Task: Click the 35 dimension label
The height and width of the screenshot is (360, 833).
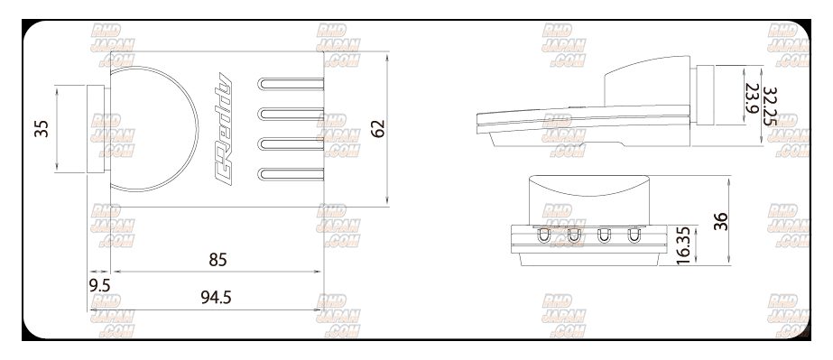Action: (42, 128)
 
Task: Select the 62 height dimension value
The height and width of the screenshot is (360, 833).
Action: (378, 128)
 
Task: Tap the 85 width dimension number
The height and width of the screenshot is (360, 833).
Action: (218, 260)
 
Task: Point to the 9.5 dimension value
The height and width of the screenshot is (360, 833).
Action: (99, 286)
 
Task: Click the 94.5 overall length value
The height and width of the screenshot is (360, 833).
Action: (217, 298)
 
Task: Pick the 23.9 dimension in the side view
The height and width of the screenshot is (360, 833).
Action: (751, 98)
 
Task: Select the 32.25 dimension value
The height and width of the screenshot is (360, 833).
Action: (769, 106)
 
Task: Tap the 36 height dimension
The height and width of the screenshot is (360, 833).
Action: (720, 221)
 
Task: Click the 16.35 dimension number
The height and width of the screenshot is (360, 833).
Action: (683, 245)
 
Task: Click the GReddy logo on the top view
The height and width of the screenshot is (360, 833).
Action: (223, 129)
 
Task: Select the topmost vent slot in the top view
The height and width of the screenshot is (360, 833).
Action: (291, 84)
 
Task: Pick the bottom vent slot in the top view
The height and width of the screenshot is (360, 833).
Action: (291, 173)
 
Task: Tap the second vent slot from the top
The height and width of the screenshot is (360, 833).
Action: (291, 114)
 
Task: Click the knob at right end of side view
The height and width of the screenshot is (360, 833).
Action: (705, 95)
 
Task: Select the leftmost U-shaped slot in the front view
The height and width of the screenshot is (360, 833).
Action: (543, 235)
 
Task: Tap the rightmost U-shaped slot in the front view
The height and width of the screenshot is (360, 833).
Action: (634, 235)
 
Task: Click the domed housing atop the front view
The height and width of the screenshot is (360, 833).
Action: (589, 200)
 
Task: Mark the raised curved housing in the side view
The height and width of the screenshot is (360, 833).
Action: (647, 81)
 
